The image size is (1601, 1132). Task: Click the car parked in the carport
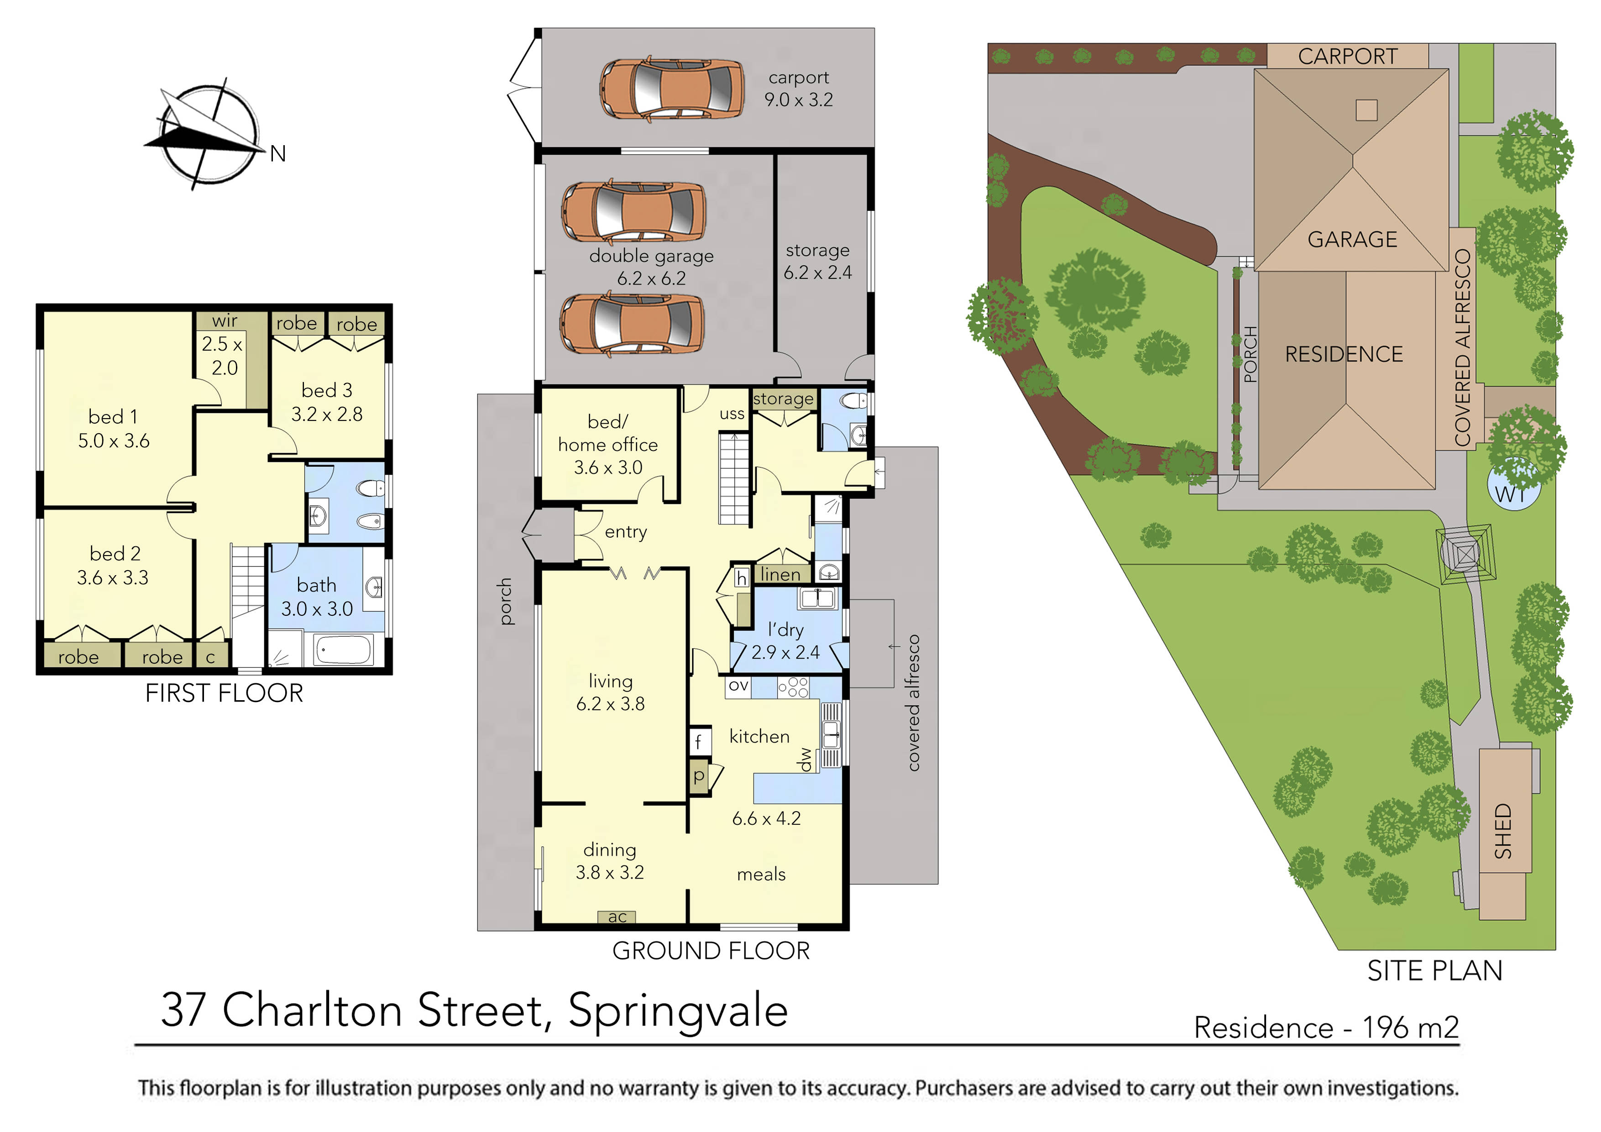(671, 90)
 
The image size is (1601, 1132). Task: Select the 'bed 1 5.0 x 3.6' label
(113, 428)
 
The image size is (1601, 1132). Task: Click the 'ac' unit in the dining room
(617, 917)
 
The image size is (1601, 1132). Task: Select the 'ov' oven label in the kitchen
(738, 686)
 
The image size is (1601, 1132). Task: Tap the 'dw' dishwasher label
(805, 760)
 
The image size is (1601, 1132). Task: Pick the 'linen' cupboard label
(780, 574)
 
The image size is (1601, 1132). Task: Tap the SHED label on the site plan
(1503, 831)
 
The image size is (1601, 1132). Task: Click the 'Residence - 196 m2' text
(1326, 1027)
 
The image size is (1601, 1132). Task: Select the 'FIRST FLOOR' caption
(224, 693)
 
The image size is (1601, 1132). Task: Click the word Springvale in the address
(678, 1011)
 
